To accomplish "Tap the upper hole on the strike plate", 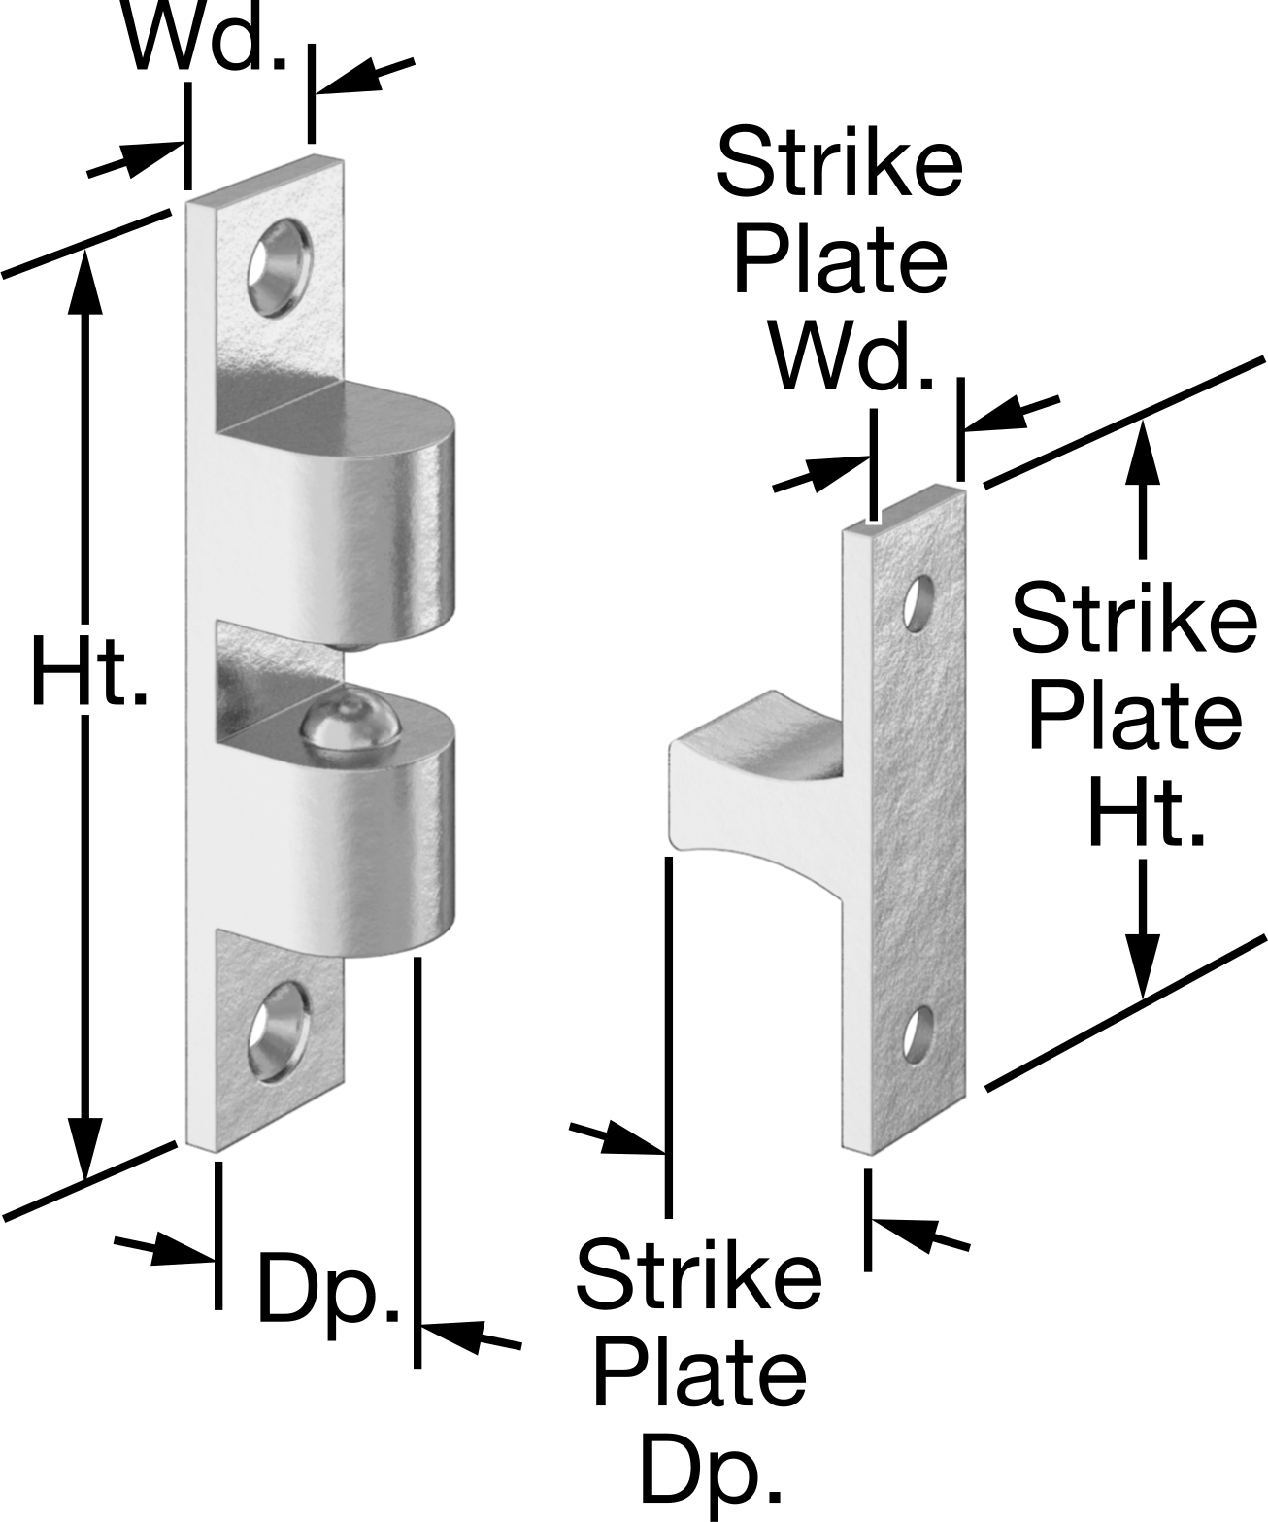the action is (x=918, y=603).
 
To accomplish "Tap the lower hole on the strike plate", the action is (x=918, y=1033).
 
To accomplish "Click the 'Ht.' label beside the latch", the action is (x=89, y=670).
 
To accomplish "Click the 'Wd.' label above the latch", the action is (x=206, y=37).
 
